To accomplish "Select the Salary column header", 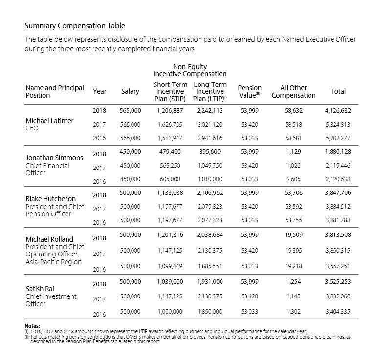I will click(130, 91).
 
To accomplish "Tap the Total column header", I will click(338, 91).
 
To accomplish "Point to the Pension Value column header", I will click(250, 91).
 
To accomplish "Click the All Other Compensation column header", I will click(293, 91).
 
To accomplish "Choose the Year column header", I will click(99, 91).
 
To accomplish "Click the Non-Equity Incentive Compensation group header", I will click(190, 70).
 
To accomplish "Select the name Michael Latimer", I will click(49, 121).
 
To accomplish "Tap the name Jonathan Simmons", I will click(54, 158).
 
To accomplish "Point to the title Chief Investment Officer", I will click(51, 300).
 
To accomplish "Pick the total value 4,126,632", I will click(337, 111).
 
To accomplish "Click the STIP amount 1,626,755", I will click(170, 125).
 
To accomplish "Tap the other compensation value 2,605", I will click(293, 179).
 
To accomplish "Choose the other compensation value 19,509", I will click(293, 235).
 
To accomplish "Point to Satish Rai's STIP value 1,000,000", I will click(170, 311).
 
